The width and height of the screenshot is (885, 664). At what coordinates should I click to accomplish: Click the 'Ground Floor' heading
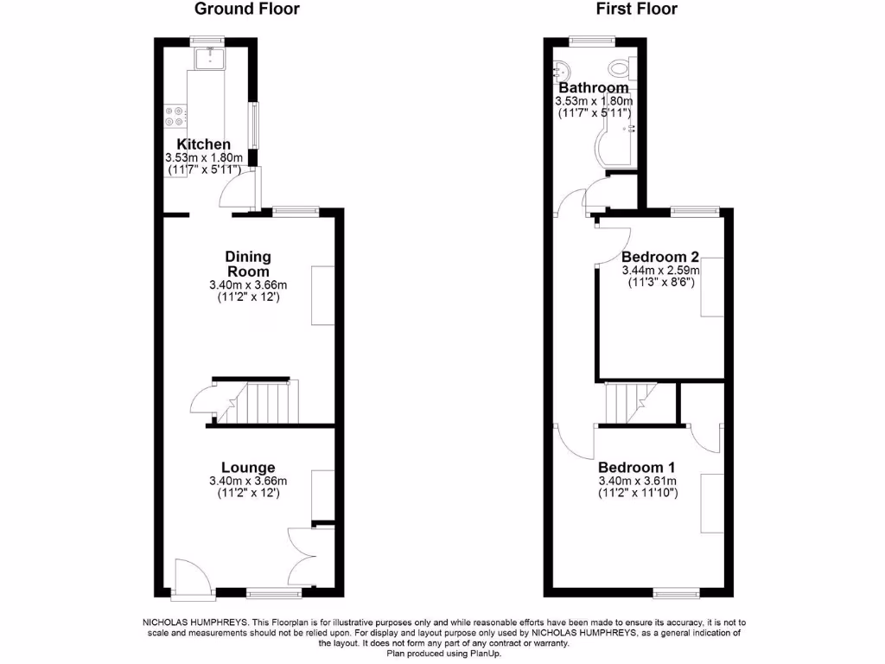[246, 10]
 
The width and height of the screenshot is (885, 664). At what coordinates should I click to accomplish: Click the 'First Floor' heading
[636, 10]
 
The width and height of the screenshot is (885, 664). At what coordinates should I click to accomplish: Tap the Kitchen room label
[204, 144]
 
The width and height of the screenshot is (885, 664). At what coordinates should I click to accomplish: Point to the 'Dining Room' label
[248, 264]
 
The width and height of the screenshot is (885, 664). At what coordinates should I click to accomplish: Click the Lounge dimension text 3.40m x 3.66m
[248, 482]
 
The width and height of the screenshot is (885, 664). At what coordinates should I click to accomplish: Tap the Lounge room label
[248, 468]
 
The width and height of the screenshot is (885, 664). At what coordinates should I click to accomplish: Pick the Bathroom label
[593, 88]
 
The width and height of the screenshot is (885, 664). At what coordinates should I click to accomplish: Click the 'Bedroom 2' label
[659, 257]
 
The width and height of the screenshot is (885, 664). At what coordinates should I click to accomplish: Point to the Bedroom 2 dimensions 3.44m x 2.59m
[659, 271]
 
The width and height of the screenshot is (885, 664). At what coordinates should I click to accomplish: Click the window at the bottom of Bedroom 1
[676, 593]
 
